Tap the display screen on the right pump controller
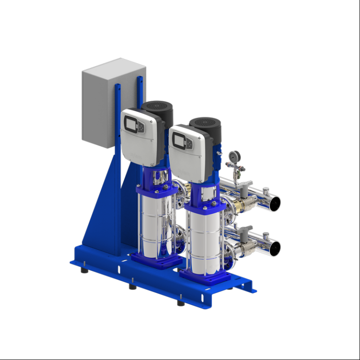(179, 139)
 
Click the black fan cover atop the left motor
(157, 107)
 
